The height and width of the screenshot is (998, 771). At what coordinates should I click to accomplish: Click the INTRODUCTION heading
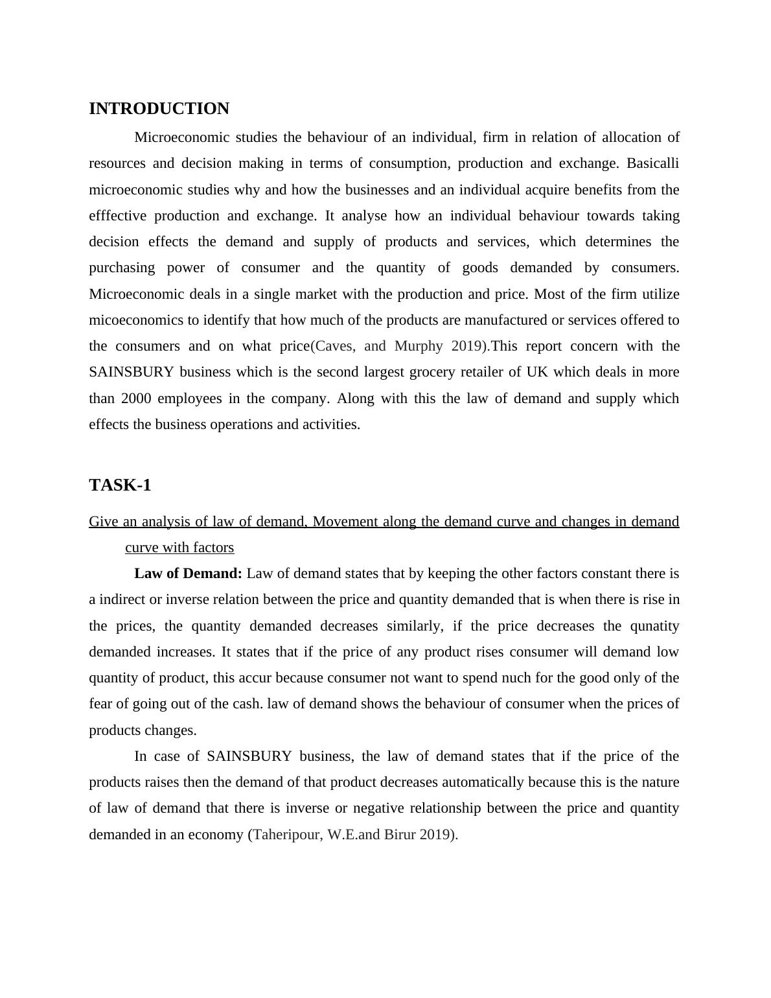tap(159, 109)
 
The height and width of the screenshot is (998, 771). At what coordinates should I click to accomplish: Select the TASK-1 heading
tap(120, 485)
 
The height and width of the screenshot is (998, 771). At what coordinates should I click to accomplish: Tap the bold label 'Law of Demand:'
tap(188, 574)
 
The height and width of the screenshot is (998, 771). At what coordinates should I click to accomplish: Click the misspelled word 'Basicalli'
tap(652, 163)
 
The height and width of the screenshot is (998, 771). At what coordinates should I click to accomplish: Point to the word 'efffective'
tap(118, 216)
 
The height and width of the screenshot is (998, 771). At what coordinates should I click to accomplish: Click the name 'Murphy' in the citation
tap(419, 346)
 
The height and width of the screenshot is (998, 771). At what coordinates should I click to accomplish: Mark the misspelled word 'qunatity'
tap(654, 626)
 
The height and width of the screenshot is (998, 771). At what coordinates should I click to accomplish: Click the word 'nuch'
tap(461, 678)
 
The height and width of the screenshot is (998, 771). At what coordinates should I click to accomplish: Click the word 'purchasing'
tap(122, 268)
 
